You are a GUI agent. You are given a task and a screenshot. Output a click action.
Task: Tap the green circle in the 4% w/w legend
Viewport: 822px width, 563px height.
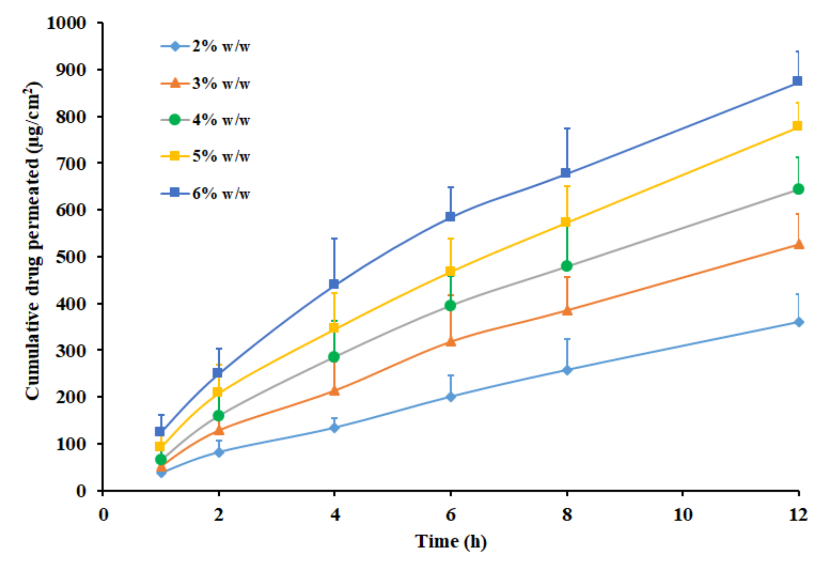click(x=175, y=120)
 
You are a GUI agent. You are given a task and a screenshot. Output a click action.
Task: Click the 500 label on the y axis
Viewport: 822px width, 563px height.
click(x=71, y=257)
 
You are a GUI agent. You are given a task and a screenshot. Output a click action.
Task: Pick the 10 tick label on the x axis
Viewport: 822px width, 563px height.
click(x=683, y=515)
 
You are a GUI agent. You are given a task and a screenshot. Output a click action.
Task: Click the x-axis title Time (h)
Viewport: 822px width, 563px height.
click(x=451, y=542)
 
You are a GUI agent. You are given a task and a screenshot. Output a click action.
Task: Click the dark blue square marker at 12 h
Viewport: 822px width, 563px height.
click(x=797, y=81)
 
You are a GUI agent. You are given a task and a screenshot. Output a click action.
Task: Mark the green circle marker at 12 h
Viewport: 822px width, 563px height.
click(x=798, y=189)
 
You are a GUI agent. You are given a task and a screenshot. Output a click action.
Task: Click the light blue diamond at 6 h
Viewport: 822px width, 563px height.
click(x=451, y=397)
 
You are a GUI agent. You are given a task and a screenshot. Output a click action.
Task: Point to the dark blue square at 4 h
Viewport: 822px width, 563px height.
click(x=334, y=284)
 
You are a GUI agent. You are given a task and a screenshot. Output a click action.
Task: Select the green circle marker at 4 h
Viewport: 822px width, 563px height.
click(x=334, y=357)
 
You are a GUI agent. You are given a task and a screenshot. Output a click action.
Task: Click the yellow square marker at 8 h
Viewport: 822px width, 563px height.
click(x=566, y=222)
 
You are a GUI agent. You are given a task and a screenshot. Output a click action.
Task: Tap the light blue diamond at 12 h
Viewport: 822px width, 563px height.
click(x=798, y=322)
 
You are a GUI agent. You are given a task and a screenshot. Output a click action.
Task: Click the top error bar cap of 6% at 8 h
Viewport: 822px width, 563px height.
click(x=567, y=128)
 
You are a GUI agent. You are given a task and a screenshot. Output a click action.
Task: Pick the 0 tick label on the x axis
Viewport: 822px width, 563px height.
click(x=103, y=515)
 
